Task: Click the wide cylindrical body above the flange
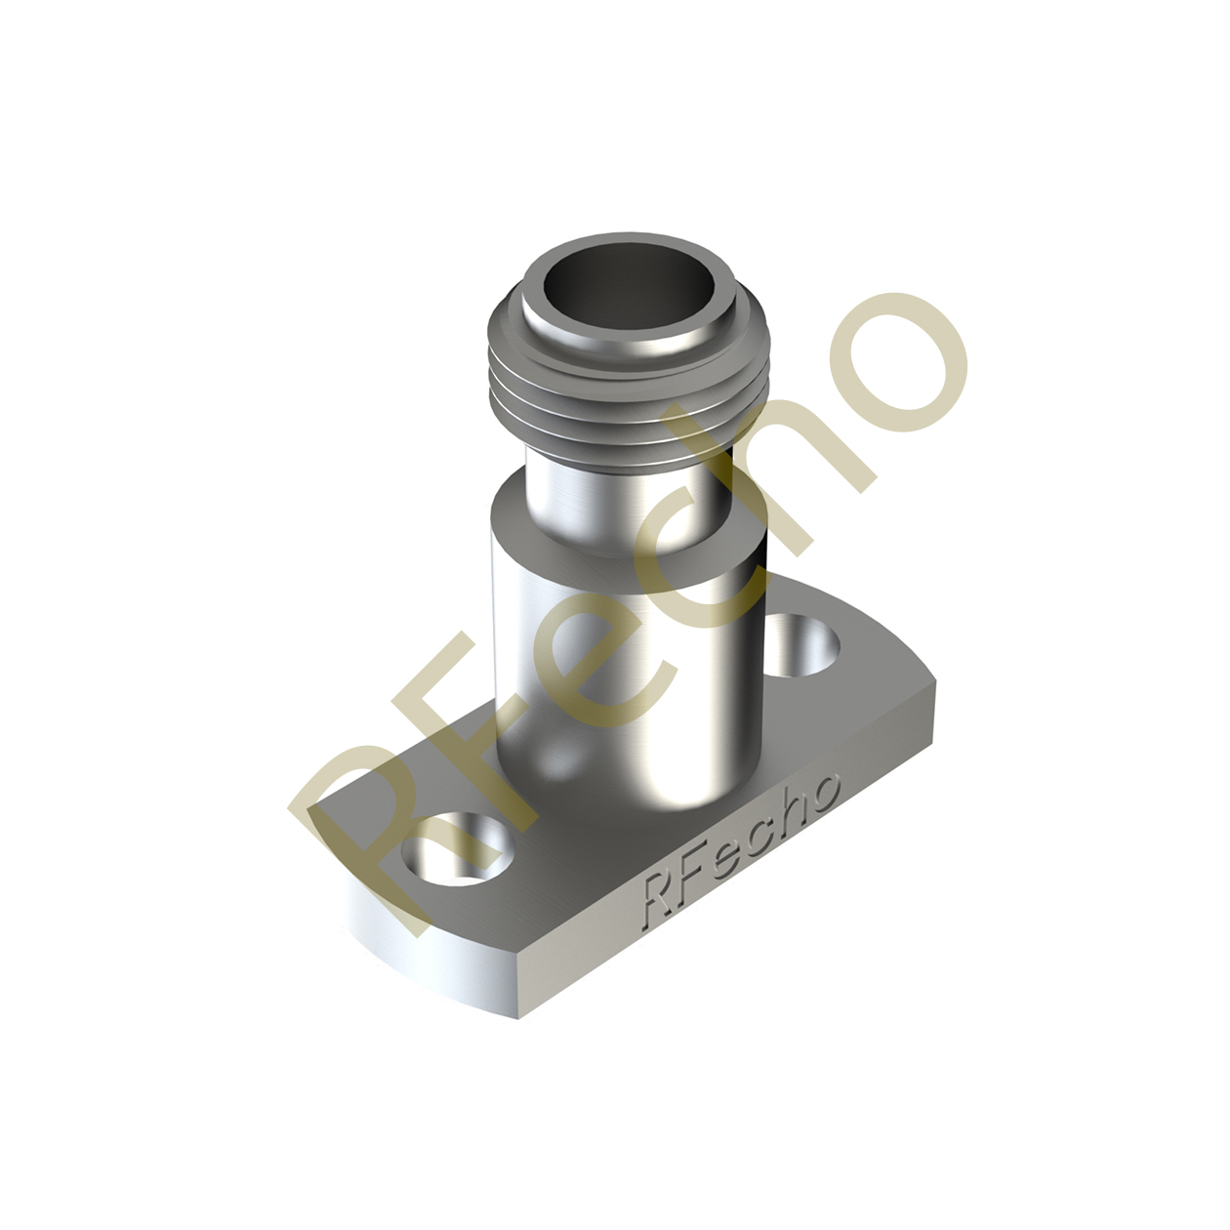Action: (x=625, y=664)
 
